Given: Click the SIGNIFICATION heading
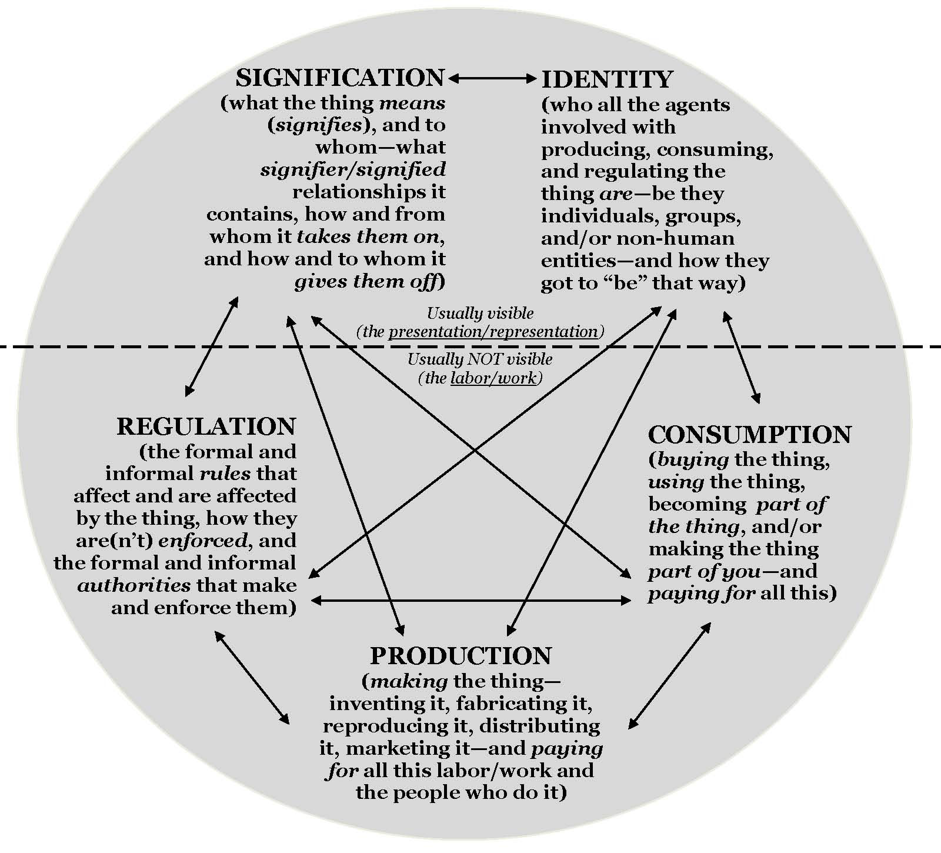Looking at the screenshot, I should (x=340, y=78).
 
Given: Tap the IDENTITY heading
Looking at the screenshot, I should (x=606, y=79).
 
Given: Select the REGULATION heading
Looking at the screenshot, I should (x=206, y=426).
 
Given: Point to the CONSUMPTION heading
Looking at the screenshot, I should (x=749, y=435).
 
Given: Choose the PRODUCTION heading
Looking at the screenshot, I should (x=461, y=656).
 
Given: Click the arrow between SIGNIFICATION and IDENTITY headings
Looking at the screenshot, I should (x=492, y=77).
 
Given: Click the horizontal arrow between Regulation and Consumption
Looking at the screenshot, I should (x=470, y=601).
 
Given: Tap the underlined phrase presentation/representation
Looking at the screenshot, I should (x=493, y=332).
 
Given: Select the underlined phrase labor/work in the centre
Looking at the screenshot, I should (x=493, y=378).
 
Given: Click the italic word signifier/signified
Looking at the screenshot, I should (x=353, y=170).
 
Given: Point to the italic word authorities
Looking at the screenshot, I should (x=134, y=585).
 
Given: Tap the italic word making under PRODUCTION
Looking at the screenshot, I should (x=409, y=682).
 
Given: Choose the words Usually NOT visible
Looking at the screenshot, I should (x=480, y=359).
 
